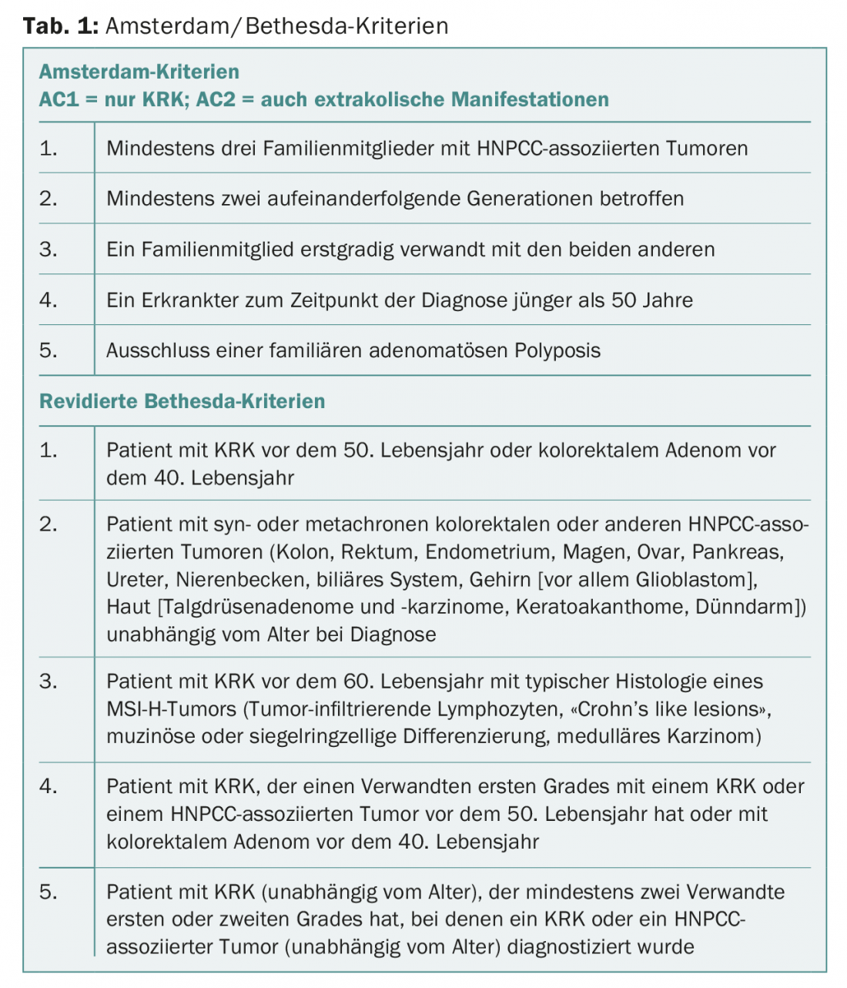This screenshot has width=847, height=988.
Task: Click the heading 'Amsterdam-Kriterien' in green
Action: click(x=139, y=72)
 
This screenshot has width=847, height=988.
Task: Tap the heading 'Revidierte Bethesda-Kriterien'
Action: click(x=182, y=401)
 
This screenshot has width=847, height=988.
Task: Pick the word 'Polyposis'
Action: click(x=557, y=350)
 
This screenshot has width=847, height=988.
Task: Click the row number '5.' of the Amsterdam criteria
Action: click(x=49, y=350)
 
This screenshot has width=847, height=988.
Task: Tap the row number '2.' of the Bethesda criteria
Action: click(x=49, y=524)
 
